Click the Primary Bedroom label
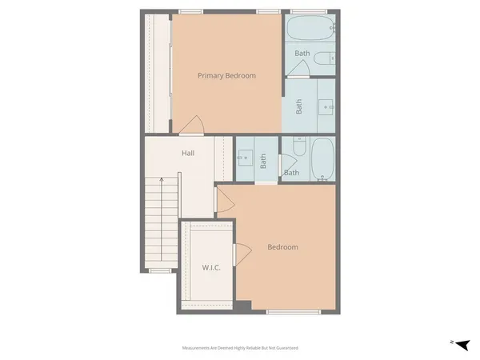(227, 76)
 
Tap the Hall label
(188, 153)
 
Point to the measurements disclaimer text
(239, 348)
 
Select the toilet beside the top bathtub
(326, 58)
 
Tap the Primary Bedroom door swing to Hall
(191, 125)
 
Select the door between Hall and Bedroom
(225, 199)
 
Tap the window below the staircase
(160, 271)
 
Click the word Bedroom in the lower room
(282, 247)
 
